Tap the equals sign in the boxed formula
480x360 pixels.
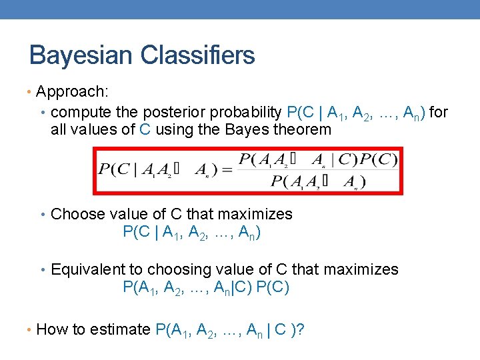(226, 170)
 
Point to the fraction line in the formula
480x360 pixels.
(317, 170)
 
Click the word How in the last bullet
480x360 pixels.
(51, 329)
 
